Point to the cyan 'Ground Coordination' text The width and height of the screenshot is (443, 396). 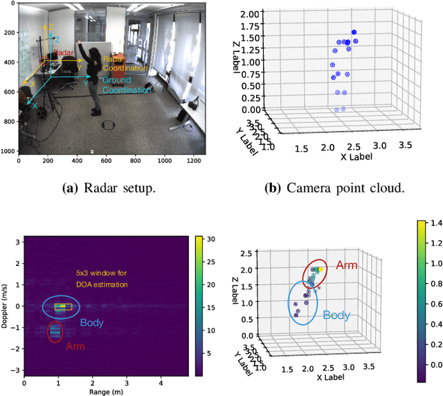[x=127, y=84]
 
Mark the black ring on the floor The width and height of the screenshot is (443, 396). [x=109, y=125]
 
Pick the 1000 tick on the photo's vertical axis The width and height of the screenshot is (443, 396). [x=8, y=150]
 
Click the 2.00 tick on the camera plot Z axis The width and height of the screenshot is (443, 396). [x=248, y=14]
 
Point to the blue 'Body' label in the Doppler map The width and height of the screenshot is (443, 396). [x=93, y=322]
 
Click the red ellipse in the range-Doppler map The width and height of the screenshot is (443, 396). [x=54, y=331]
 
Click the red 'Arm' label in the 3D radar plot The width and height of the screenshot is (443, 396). [x=349, y=265]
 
